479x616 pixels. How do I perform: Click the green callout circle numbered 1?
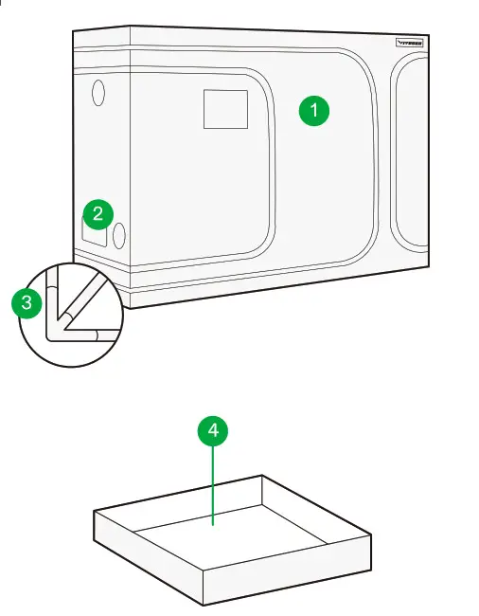click(x=314, y=111)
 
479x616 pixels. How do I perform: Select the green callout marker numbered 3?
click(x=26, y=303)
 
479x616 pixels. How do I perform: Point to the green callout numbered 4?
click(x=213, y=431)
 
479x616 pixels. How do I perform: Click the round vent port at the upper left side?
click(x=98, y=93)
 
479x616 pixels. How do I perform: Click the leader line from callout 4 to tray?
click(x=213, y=483)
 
